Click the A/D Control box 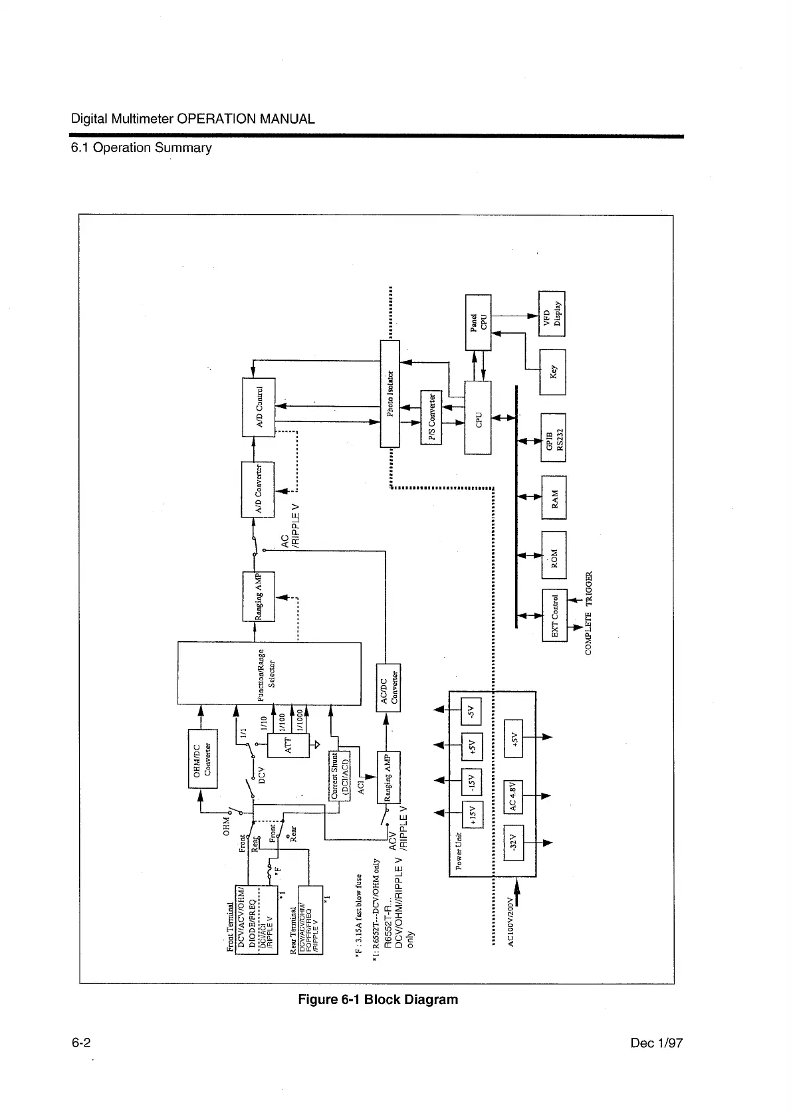258,407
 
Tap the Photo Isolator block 390,393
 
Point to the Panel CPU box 478,322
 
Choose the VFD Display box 552,310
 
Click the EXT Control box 554,615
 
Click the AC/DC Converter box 389,686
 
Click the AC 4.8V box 514,796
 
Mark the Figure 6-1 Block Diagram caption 378,999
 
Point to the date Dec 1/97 656,1043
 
